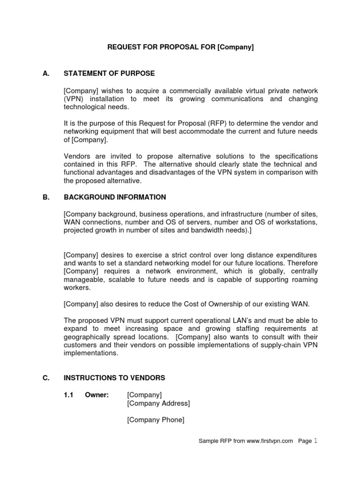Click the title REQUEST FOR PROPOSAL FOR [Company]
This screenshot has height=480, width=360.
tap(180, 48)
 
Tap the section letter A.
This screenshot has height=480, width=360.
tap(45, 74)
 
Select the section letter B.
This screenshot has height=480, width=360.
tap(45, 197)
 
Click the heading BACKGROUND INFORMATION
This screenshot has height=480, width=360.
tap(115, 197)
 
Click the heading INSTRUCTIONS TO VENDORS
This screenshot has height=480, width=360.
tap(114, 378)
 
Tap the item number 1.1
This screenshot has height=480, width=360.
tap(69, 395)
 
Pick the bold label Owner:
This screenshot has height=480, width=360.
tap(97, 395)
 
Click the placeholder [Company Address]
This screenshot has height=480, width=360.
tap(158, 403)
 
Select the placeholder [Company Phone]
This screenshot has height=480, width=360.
tap(156, 420)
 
